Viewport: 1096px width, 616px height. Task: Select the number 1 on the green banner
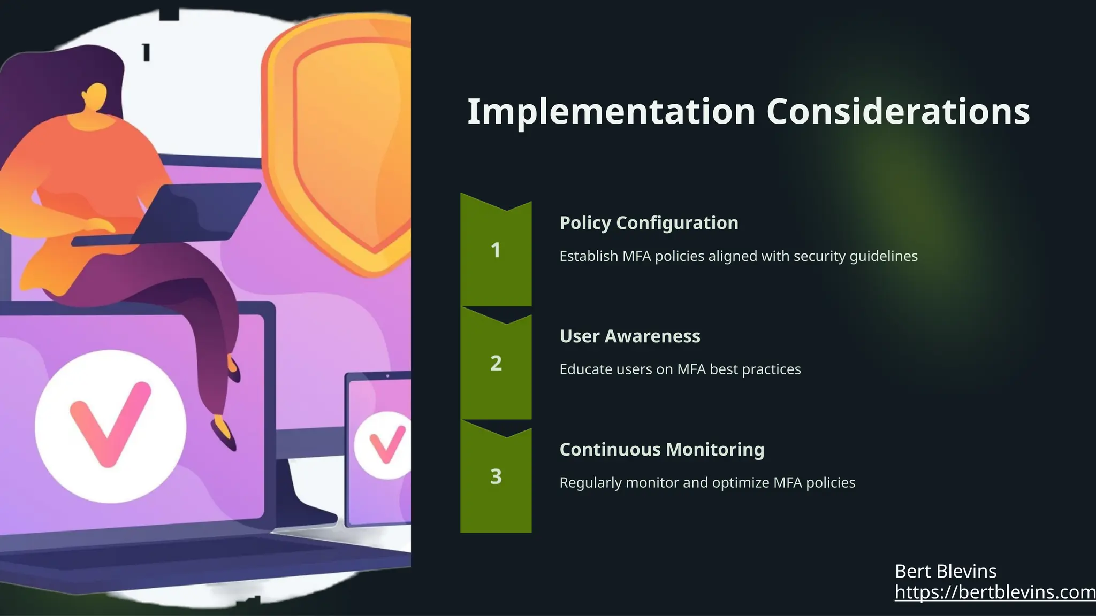496,250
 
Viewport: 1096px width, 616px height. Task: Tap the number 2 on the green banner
496,364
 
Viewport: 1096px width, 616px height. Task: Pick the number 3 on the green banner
496,476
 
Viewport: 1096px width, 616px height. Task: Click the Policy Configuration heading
649,223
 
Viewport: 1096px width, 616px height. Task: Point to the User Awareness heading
629,336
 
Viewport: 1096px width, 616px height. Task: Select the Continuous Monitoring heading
661,450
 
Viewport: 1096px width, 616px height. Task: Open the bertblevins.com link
995,592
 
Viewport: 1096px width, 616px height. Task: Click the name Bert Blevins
945,571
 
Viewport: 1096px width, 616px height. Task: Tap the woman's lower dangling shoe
224,433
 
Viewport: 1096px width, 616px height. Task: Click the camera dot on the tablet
387,376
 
